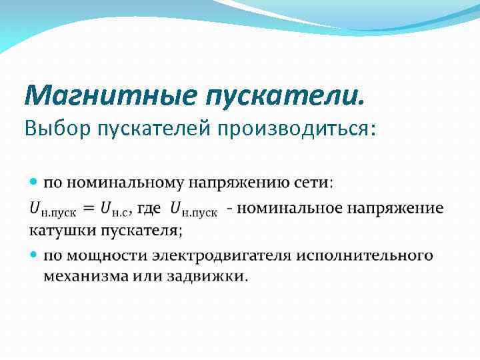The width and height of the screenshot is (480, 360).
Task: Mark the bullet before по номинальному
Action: (x=35, y=182)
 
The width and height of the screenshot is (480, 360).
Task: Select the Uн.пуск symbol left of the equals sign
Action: (x=53, y=209)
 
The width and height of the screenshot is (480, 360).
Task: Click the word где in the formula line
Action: (x=149, y=208)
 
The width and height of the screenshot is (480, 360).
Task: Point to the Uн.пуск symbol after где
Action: (x=194, y=209)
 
